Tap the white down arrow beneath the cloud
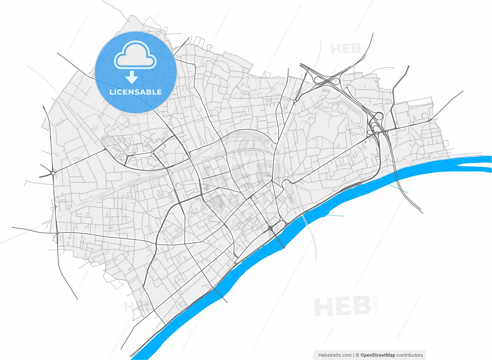tap(131, 77)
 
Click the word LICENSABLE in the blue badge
tap(135, 92)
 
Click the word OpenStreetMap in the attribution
tap(378, 355)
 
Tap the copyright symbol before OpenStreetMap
tap(357, 355)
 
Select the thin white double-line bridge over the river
tap(304, 220)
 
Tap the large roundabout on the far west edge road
tap(53, 173)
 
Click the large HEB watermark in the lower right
tap(342, 307)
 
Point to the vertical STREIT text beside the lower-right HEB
tap(376, 304)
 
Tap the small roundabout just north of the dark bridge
tap(281, 220)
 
